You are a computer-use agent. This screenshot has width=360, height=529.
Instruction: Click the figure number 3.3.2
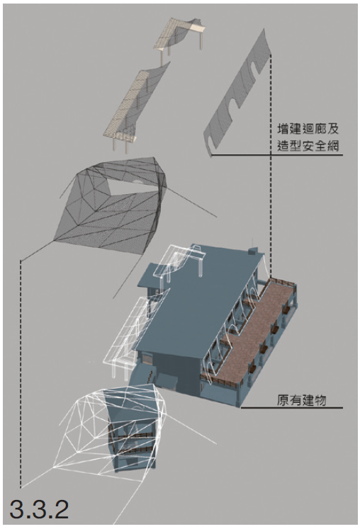(39, 509)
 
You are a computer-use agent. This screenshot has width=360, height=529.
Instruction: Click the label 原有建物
(302, 400)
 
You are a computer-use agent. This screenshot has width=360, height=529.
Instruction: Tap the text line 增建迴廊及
(308, 129)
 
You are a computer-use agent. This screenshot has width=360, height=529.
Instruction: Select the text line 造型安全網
(308, 146)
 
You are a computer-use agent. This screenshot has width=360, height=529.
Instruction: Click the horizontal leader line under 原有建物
(291, 408)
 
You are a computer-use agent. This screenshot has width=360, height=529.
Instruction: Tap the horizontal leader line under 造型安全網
(277, 155)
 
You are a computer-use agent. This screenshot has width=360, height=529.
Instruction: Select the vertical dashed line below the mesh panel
(271, 165)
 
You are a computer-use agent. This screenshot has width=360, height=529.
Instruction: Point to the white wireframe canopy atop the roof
(179, 260)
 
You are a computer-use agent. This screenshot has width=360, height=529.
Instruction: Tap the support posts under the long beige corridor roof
(120, 144)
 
